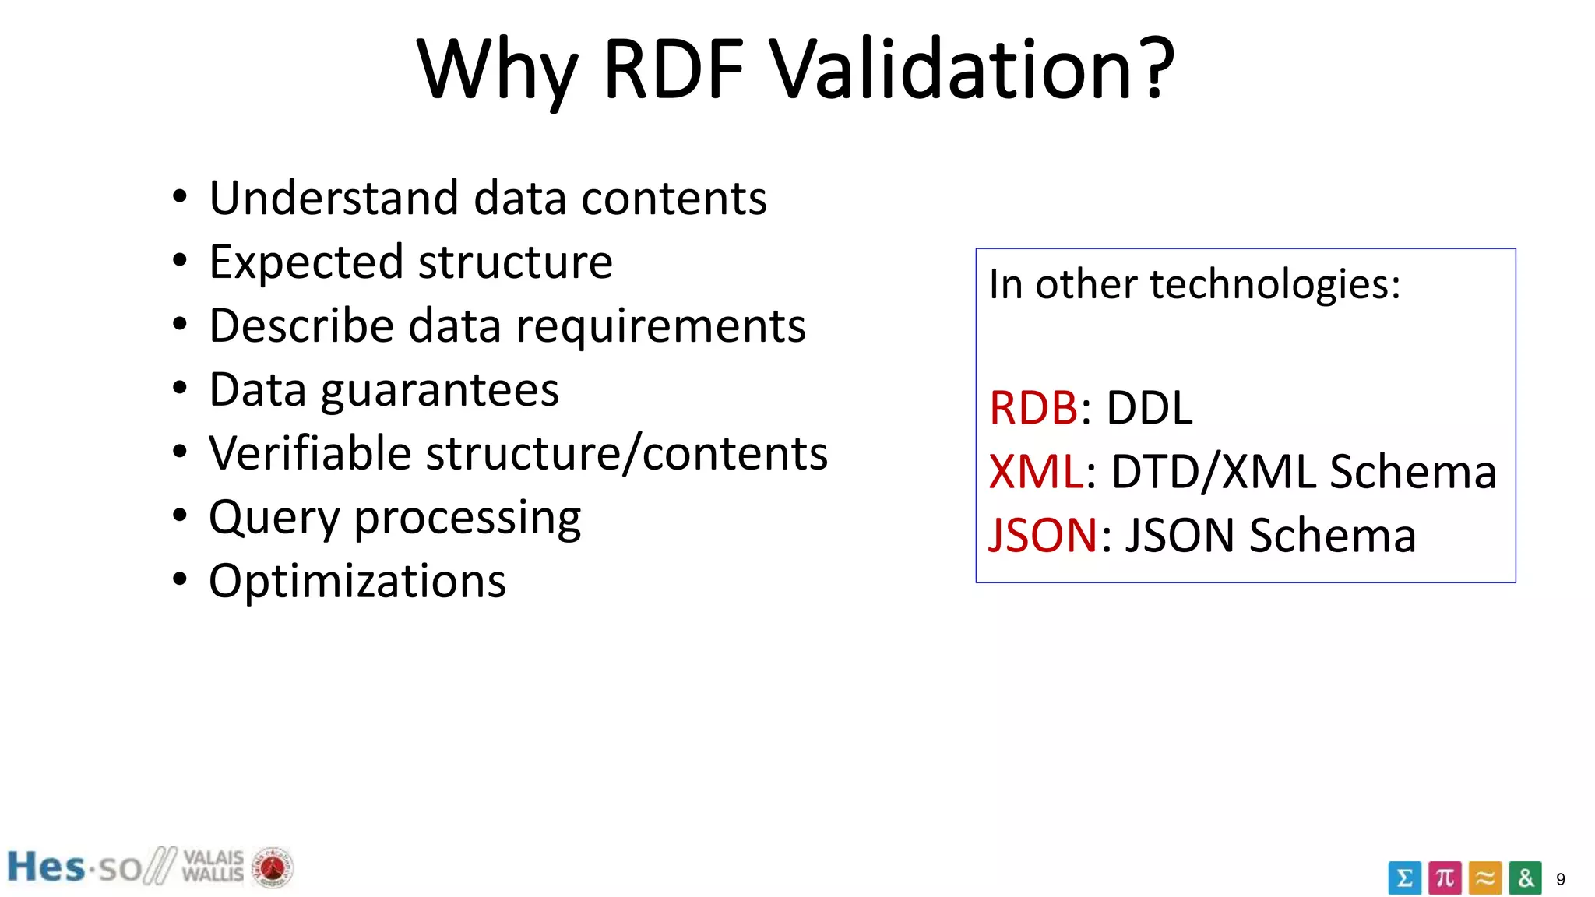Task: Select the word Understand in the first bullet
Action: [333, 198]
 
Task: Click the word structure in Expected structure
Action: [516, 262]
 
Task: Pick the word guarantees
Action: [440, 391]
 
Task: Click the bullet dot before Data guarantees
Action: [180, 387]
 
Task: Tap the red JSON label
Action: [1043, 536]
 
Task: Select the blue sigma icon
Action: [1404, 878]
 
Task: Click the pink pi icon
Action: [1445, 878]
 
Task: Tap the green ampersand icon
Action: [1525, 878]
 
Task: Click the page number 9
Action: [1560, 880]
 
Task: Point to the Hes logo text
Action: [46, 867]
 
